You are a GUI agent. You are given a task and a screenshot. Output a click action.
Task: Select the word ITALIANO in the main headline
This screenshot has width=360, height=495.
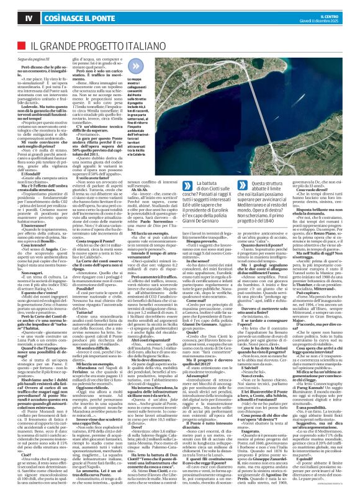pyautogui.click(x=160, y=47)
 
